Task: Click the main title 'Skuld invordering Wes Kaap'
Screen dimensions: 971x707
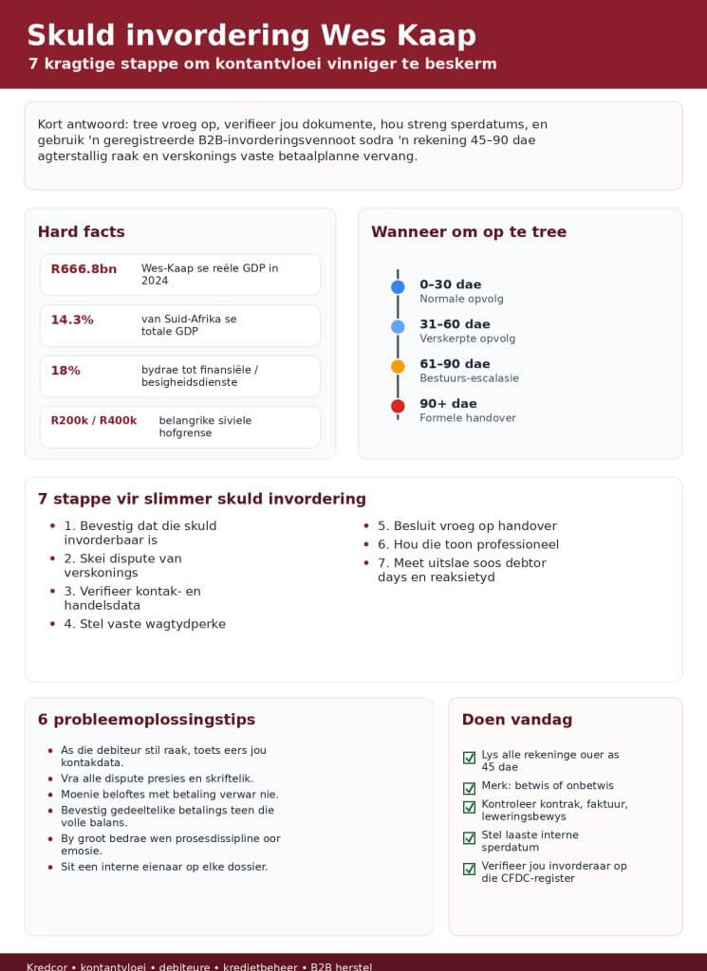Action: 251,35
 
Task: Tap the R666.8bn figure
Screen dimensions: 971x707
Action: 84,269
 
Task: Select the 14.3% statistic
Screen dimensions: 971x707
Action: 72,320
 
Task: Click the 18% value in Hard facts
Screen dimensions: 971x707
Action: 65,371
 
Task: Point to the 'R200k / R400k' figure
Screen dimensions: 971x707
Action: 94,421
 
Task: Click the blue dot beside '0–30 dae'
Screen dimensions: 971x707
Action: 398,286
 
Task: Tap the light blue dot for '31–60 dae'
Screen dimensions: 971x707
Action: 398,326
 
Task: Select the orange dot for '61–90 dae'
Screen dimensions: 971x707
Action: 398,366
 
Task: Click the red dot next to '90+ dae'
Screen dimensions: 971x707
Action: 398,406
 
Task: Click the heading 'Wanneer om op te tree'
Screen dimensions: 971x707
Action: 469,232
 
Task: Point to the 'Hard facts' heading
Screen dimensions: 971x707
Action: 82,232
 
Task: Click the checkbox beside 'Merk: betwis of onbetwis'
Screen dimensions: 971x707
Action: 469,788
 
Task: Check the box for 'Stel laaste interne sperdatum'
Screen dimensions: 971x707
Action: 469,838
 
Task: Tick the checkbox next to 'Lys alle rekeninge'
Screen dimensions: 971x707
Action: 469,758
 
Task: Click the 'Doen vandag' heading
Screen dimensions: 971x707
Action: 517,720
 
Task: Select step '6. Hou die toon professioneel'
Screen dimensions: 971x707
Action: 468,544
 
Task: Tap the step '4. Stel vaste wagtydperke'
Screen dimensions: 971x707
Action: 144,624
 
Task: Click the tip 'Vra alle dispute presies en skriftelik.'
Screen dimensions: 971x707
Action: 157,779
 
